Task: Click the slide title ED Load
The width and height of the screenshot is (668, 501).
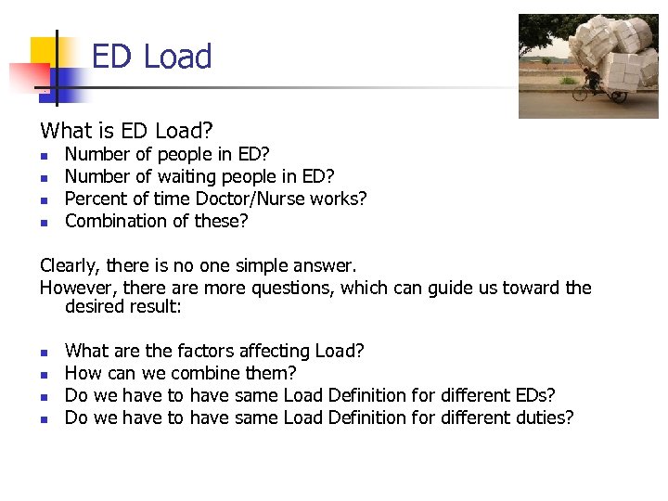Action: click(x=151, y=57)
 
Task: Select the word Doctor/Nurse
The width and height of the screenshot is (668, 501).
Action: click(x=271, y=199)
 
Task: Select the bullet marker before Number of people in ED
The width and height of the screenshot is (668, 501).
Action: click(x=44, y=155)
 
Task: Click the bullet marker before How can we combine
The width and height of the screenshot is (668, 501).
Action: click(x=44, y=374)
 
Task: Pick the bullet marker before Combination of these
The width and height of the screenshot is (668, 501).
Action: click(x=44, y=222)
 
